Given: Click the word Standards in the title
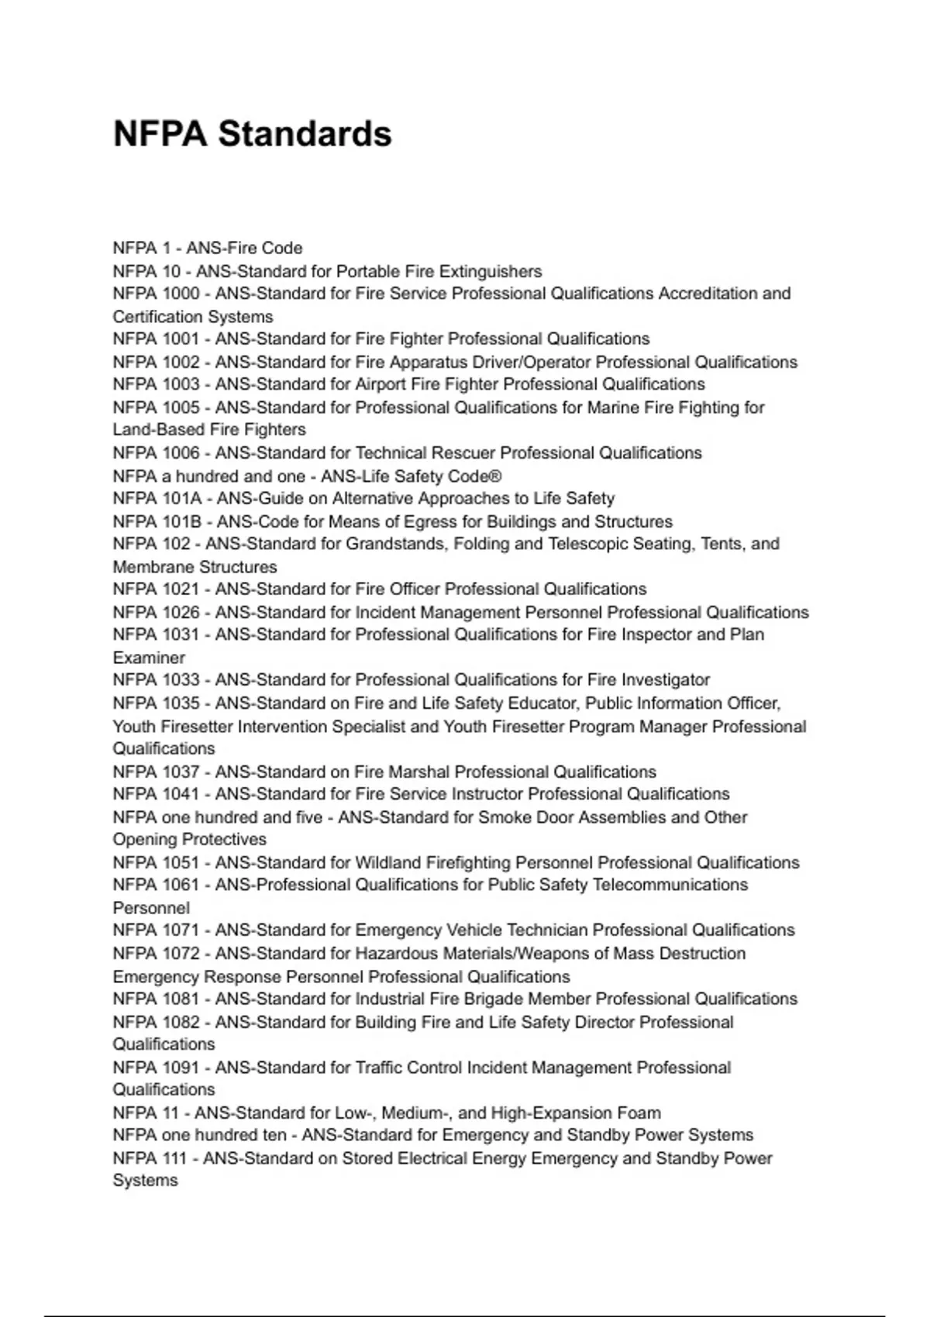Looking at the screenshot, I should coord(305,133).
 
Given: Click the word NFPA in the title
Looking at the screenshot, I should coord(160,133).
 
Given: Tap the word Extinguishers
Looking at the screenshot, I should coord(491,271).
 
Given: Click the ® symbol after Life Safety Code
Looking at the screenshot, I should coord(496,476).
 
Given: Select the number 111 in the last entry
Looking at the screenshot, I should coord(174,1158).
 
